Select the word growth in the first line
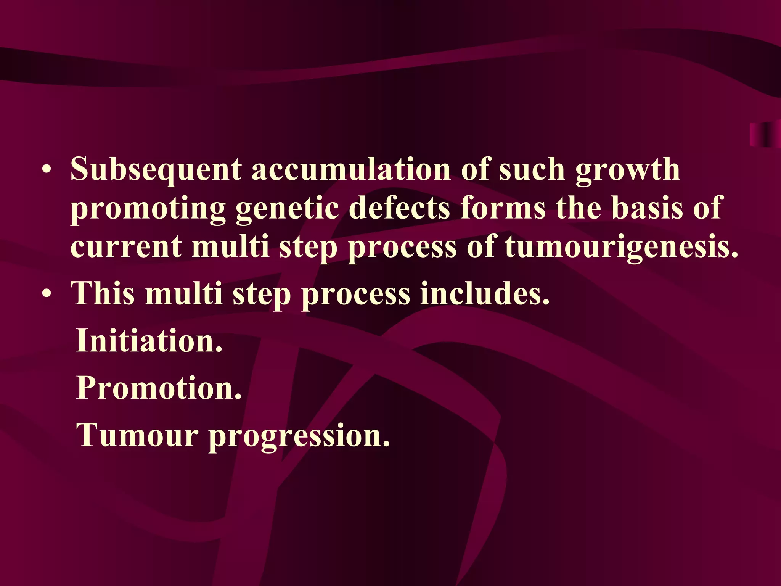[x=627, y=170]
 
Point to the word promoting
[x=148, y=209]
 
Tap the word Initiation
[x=149, y=340]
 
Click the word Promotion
[x=159, y=388]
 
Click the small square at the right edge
[x=765, y=135]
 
